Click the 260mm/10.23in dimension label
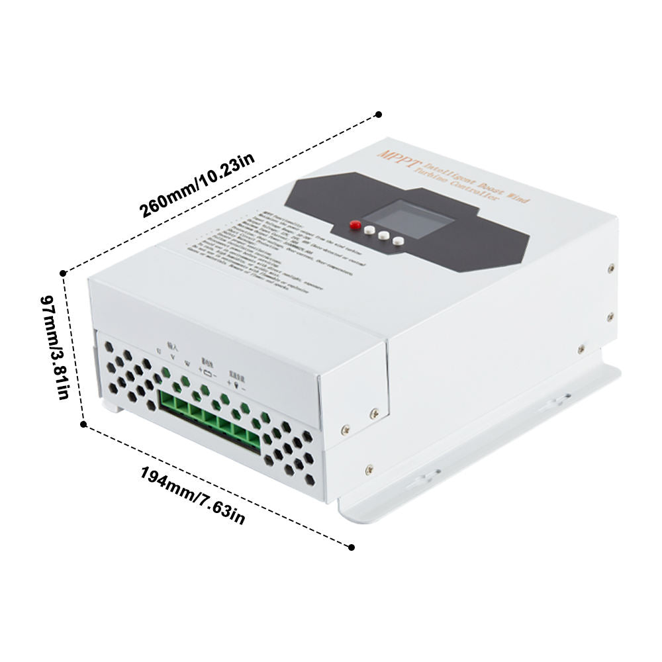tap(197, 187)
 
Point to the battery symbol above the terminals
tap(207, 372)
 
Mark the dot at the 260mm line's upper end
tap(378, 115)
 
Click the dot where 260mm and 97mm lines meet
tap(64, 273)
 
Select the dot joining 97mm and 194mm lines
tap(83, 424)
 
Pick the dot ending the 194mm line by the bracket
tap(351, 547)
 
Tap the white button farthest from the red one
tap(397, 241)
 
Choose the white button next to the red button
tap(369, 230)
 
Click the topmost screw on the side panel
tap(610, 269)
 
